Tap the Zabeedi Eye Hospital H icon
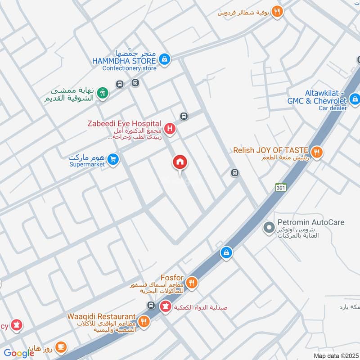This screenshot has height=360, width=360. (x=170, y=130)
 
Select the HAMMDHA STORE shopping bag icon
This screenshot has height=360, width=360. (x=165, y=59)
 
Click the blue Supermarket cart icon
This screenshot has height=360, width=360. (x=113, y=159)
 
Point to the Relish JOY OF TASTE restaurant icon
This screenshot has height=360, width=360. (x=317, y=153)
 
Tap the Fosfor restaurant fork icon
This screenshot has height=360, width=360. (x=192, y=283)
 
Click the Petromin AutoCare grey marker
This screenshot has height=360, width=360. (x=269, y=228)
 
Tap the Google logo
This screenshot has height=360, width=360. (x=19, y=353)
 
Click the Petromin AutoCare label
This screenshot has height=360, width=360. (x=311, y=222)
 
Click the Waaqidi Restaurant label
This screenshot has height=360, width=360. (x=102, y=317)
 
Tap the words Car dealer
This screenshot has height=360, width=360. (x=333, y=108)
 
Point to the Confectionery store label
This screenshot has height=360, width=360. (x=129, y=68)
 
